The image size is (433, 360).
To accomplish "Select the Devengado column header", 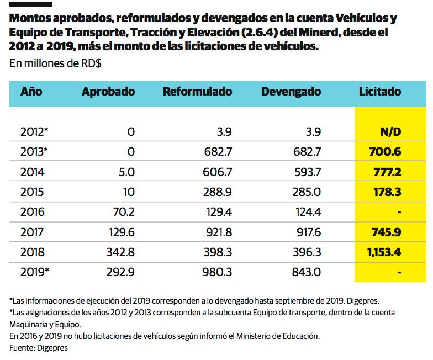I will pos(291,92).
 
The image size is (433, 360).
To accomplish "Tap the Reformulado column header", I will pos(197,92).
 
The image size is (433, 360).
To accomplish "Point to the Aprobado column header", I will pos(108,92).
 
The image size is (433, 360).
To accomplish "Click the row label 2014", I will pos(32,172).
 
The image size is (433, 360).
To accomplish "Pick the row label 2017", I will pos(32,232).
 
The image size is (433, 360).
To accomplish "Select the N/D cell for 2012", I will pos(390,133).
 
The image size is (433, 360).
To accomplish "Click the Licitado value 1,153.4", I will pos(383,252).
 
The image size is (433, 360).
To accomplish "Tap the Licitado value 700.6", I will pos(385,152).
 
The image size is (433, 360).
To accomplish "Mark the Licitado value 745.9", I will pos(385,232).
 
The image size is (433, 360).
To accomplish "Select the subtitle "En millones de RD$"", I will pos(55,63).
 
